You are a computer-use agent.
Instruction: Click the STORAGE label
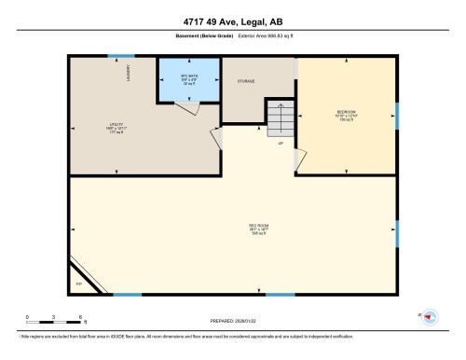[x=245, y=81]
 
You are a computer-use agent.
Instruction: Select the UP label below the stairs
[x=281, y=143]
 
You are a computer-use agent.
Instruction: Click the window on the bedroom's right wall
[x=397, y=115]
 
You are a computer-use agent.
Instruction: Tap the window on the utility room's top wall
[x=120, y=57]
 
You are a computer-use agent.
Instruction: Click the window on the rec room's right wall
[x=397, y=229]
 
